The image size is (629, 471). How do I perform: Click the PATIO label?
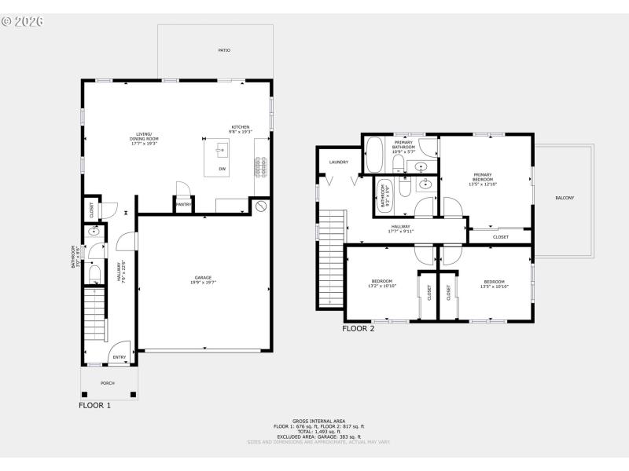coord(224,50)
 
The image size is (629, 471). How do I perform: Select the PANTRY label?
coord(184,205)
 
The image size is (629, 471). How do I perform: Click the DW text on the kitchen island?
coord(223,169)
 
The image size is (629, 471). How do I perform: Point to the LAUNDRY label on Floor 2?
coord(339,162)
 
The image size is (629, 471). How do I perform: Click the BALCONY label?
coord(564,198)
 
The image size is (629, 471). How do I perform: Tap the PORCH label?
coord(107,383)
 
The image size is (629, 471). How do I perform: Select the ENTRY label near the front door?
coord(119,358)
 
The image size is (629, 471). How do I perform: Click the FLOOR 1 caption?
coord(94,406)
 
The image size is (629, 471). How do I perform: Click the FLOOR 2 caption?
coord(358,329)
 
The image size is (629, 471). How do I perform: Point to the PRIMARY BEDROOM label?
coord(484,177)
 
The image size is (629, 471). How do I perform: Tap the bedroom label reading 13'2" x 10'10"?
coord(383,283)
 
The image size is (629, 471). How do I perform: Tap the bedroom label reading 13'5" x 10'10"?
coord(495,283)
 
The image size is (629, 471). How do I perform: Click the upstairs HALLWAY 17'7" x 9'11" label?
coord(399,228)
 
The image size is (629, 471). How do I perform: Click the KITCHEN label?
coord(240,130)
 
